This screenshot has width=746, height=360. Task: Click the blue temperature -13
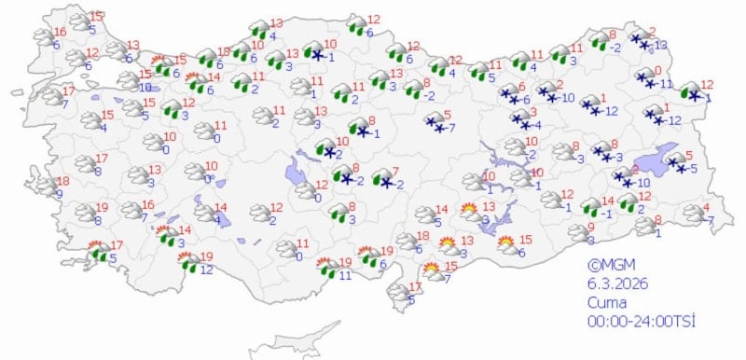661,45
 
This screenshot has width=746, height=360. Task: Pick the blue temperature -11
665,84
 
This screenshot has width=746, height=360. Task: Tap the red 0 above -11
658,71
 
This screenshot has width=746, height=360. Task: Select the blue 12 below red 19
206,270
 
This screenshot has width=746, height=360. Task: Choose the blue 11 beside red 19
344,275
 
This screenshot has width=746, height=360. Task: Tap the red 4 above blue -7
706,207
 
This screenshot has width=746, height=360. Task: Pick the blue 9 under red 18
60,195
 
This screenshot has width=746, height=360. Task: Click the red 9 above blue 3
589,228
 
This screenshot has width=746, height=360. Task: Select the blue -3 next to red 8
616,158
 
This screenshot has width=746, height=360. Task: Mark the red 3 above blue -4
533,112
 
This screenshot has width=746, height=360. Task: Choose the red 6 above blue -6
522,86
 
